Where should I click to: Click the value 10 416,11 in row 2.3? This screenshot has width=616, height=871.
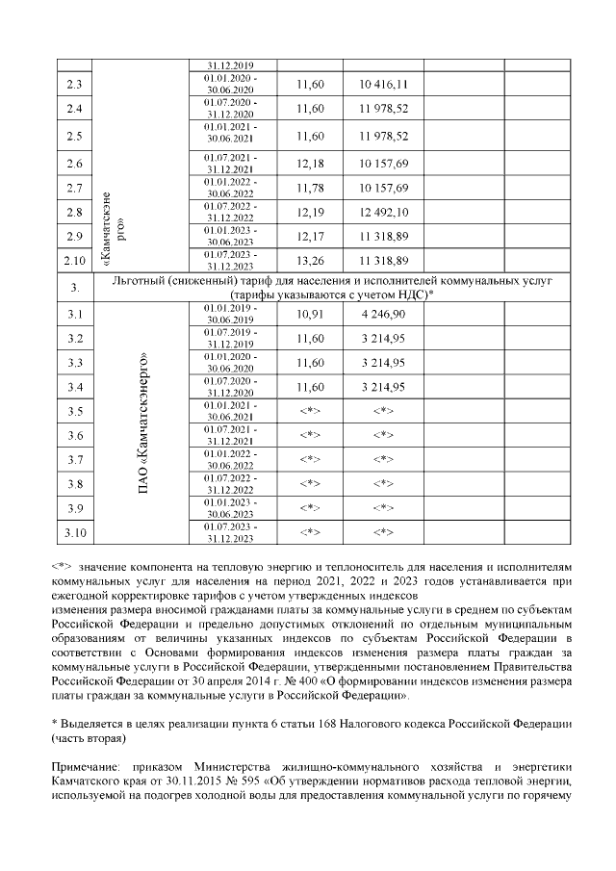click(x=383, y=85)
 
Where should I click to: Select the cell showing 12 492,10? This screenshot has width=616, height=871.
click(x=383, y=212)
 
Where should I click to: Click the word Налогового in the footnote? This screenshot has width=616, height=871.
click(x=362, y=723)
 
